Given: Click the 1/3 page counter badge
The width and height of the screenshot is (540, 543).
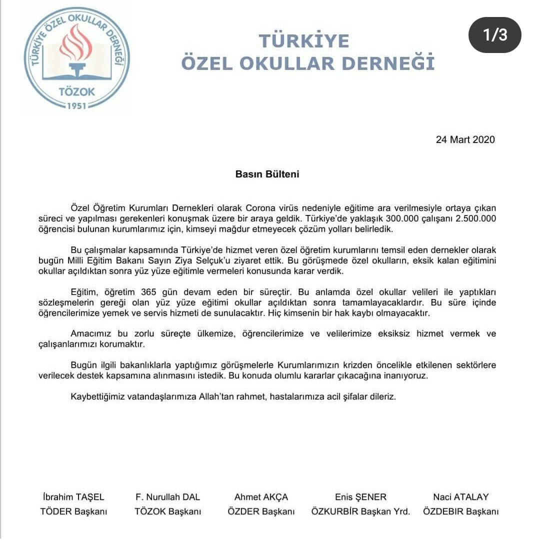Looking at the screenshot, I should [x=494, y=35].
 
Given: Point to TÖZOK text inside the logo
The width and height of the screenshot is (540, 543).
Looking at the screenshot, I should [x=76, y=92].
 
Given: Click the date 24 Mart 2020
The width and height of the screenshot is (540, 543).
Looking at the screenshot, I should [x=465, y=139].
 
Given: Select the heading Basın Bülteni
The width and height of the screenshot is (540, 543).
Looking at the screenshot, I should [x=267, y=174].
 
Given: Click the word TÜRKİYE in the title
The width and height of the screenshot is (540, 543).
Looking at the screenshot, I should [x=303, y=40].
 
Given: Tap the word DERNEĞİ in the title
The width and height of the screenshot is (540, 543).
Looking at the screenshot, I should [x=395, y=63].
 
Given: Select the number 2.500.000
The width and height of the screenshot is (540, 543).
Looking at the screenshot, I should [x=472, y=218].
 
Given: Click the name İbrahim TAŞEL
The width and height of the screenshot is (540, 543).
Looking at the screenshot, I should [x=73, y=497].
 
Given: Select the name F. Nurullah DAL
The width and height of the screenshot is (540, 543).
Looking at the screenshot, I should [x=167, y=497].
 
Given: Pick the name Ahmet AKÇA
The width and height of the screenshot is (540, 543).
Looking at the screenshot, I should [x=261, y=497].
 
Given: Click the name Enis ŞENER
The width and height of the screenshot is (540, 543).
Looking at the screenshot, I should [x=360, y=497].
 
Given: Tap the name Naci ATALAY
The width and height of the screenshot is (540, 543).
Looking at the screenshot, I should [x=460, y=497].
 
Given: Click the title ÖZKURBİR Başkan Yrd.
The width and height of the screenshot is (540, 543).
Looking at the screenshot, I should [x=360, y=511].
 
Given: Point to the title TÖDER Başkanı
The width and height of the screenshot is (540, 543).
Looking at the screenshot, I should [x=73, y=511].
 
